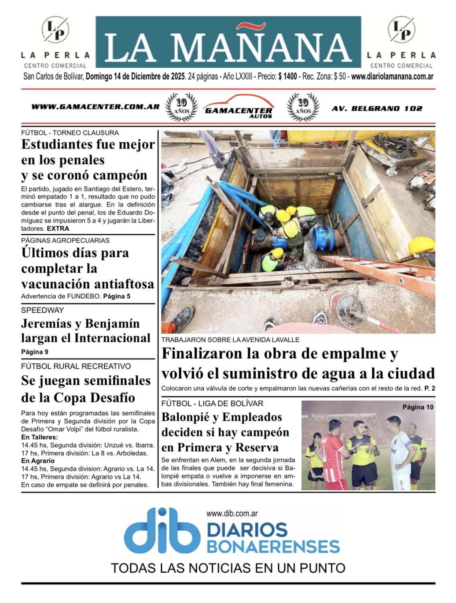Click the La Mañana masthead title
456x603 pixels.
coord(228,47)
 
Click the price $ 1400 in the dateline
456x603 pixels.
coord(287,76)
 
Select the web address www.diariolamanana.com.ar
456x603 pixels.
coord(392,76)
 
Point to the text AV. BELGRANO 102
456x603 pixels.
coord(377,108)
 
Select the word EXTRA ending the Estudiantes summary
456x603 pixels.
coord(58,229)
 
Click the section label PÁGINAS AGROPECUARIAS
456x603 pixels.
coord(65,241)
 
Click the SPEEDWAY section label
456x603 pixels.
coord(42,310)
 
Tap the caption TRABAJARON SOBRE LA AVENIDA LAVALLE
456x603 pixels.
coord(230,340)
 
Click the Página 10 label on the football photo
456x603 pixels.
coord(418,407)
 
